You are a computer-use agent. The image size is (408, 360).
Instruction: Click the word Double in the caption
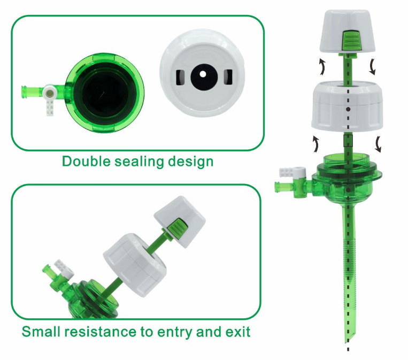pyautogui.click(x=86, y=162)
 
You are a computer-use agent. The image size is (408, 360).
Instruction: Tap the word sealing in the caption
pyautogui.click(x=138, y=162)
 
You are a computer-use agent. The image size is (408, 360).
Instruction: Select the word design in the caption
pyautogui.click(x=190, y=162)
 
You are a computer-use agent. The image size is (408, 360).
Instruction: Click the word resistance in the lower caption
pyautogui.click(x=100, y=332)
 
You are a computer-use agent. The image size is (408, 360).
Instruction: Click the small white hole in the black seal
pyautogui.click(x=203, y=74)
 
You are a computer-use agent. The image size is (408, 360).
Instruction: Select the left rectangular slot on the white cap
pyautogui.click(x=180, y=78)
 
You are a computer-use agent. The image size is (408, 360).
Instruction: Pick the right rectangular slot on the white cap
pyautogui.click(x=228, y=77)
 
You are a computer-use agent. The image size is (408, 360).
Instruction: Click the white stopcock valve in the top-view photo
pyautogui.click(x=50, y=99)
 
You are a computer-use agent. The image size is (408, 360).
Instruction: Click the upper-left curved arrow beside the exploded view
pyautogui.click(x=321, y=67)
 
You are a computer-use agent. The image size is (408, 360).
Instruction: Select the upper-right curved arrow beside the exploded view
pyautogui.click(x=373, y=67)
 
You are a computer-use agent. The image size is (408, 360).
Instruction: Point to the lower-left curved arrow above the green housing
pyautogui.click(x=316, y=144)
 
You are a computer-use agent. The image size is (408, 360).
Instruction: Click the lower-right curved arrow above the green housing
pyautogui.click(x=378, y=144)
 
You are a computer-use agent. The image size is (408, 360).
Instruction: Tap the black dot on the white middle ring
pyautogui.click(x=349, y=109)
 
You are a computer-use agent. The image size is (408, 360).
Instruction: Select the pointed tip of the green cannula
pyautogui.click(x=347, y=342)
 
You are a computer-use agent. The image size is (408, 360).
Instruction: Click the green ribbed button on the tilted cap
pyautogui.click(x=177, y=229)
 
